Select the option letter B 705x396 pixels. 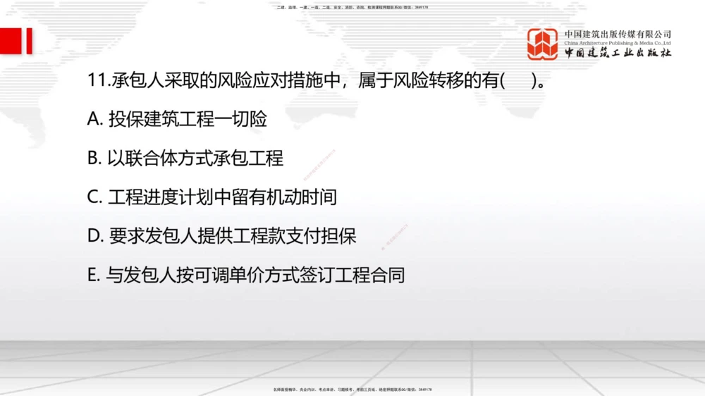point(94,159)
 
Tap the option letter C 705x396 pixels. point(94,197)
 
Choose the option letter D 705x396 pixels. point(95,236)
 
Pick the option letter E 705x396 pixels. point(94,275)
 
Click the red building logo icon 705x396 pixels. point(542,44)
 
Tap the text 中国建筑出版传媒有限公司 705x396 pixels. point(618,34)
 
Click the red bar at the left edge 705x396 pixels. point(29,41)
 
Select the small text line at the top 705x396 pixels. point(352,7)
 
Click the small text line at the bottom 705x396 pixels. point(352,389)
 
